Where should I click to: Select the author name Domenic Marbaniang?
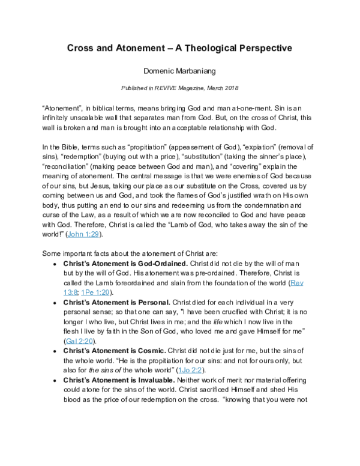pos(179,71)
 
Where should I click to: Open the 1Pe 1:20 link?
pos(111,292)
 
